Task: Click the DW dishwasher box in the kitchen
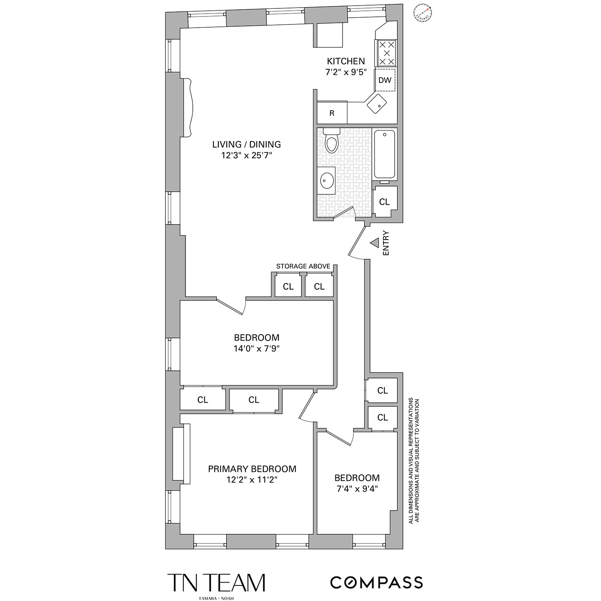(x=385, y=80)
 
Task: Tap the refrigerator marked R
(x=332, y=113)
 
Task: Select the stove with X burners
(x=386, y=53)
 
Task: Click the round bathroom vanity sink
(x=328, y=180)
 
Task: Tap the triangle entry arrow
(x=374, y=243)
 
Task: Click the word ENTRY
(x=386, y=243)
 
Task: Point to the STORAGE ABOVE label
(x=303, y=266)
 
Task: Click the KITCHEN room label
(x=346, y=61)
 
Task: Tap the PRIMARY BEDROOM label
(x=252, y=469)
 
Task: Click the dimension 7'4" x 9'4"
(x=357, y=489)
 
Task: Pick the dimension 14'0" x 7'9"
(x=256, y=349)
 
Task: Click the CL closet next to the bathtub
(x=384, y=202)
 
